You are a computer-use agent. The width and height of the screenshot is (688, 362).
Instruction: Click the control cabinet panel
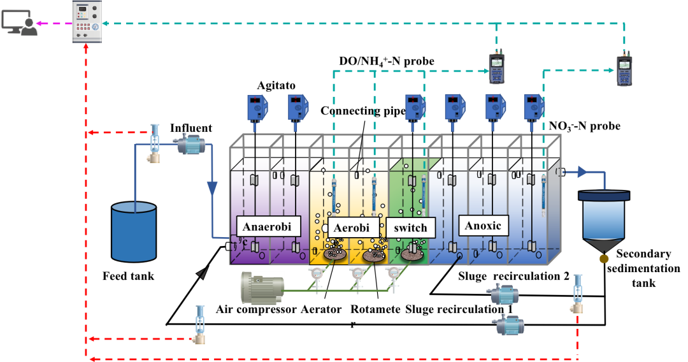pyautogui.click(x=87, y=22)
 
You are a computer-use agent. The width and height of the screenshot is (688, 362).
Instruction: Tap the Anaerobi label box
pyautogui.click(x=268, y=227)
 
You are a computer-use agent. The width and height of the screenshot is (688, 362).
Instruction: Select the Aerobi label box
pyautogui.click(x=351, y=228)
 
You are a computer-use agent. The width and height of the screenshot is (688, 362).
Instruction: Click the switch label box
pyautogui.click(x=410, y=228)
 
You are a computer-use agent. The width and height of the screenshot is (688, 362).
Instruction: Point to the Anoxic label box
pyautogui.click(x=483, y=226)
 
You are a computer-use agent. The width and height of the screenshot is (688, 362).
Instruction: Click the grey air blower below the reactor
pyautogui.click(x=262, y=288)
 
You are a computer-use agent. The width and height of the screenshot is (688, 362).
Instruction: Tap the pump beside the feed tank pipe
pyautogui.click(x=189, y=145)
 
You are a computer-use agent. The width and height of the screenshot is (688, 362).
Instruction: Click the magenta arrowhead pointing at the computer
pyautogui.click(x=39, y=24)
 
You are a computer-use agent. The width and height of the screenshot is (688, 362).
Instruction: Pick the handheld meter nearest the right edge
pyautogui.click(x=624, y=69)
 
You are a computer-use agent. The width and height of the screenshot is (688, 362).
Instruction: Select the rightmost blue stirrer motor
pyautogui.click(x=533, y=108)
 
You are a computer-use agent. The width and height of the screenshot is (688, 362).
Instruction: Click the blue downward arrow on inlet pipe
pyautogui.click(x=212, y=189)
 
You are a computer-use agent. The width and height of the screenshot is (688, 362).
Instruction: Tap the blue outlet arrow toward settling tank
pyautogui.click(x=582, y=171)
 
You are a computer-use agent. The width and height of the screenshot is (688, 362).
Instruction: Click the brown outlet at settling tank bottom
pyautogui.click(x=604, y=259)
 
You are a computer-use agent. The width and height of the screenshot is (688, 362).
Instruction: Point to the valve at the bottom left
pyautogui.click(x=200, y=324)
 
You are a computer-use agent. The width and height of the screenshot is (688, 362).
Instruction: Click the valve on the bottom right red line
pyautogui.click(x=577, y=294)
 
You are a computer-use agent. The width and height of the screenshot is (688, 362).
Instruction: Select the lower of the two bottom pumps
pyautogui.click(x=509, y=324)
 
